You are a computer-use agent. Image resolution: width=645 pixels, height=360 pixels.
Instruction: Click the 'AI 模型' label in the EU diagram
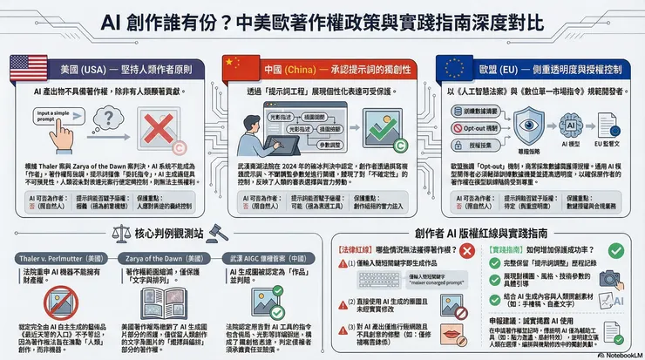click(574, 141)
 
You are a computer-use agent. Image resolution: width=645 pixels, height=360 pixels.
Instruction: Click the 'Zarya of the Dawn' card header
click(162, 260)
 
